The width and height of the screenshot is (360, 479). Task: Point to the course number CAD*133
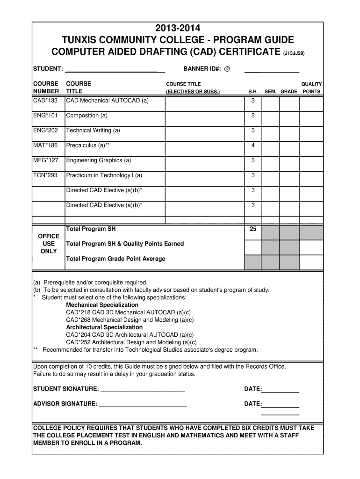pos(45,101)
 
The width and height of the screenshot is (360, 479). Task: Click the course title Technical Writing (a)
pos(93,131)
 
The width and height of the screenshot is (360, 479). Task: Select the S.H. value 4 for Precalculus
pos(253,145)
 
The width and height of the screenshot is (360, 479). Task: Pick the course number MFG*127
pos(46,160)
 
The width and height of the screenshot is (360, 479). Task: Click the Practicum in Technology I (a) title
pos(104,175)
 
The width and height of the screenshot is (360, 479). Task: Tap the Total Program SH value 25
pos(253,229)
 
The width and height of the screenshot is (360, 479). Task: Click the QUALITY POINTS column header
pos(311,87)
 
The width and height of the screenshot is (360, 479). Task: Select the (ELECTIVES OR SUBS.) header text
pos(193,92)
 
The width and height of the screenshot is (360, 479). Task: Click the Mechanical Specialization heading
pos(102,305)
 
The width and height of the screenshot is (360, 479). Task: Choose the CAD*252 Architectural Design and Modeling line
pos(131,342)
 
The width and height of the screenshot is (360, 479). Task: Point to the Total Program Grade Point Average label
pos(115,259)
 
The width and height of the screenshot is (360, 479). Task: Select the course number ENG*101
pos(45,116)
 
